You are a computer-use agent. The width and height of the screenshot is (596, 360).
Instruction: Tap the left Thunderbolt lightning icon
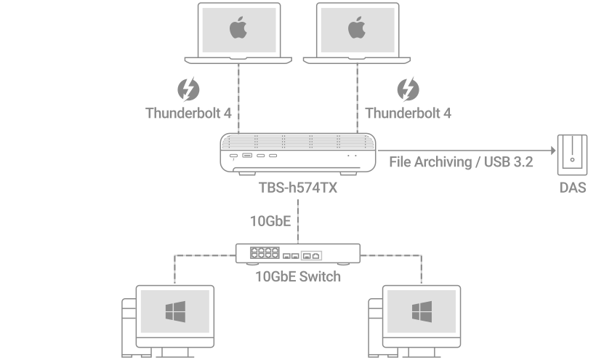188,91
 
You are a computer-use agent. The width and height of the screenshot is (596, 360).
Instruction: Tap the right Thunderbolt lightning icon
407,91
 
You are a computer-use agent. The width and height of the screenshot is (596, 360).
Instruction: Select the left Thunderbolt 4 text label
188,113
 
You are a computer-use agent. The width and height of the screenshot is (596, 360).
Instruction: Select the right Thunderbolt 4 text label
408,113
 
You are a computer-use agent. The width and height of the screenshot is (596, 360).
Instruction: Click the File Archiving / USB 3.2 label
462,162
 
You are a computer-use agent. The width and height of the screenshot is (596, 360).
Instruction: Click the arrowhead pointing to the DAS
552,152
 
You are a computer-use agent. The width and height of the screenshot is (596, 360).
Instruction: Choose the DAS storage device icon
572,155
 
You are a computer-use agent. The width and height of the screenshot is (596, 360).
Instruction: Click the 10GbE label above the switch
270,220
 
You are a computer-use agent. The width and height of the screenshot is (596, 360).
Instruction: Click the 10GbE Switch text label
298,276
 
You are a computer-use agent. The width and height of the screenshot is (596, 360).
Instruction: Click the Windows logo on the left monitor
174,313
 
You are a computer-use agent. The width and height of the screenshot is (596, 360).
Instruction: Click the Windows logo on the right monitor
420,313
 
